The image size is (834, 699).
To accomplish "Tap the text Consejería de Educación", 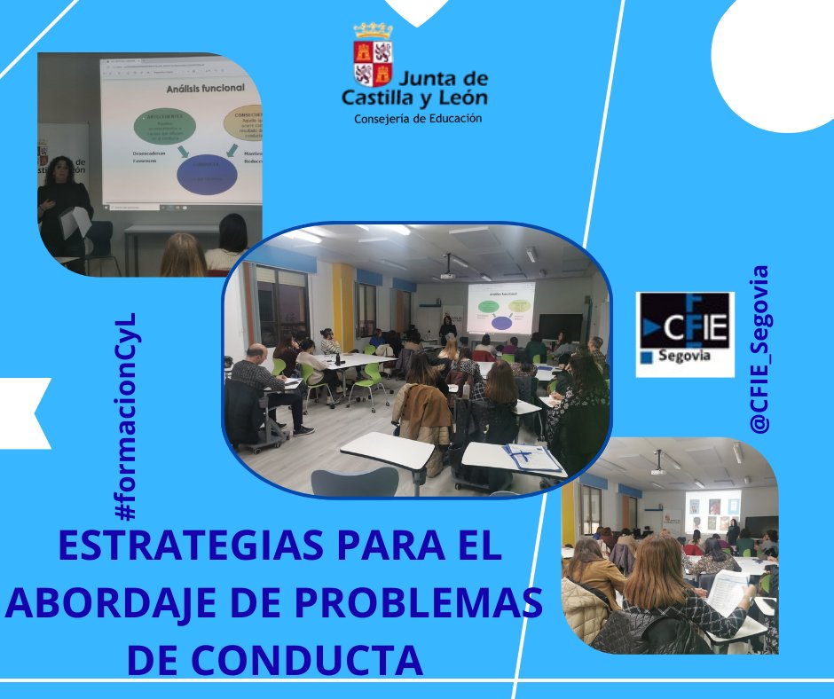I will [x=418, y=118].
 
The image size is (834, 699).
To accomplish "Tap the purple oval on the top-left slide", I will [x=207, y=174].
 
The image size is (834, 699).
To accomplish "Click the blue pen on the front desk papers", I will [x=524, y=454].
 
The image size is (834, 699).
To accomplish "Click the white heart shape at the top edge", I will [x=417, y=11].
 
